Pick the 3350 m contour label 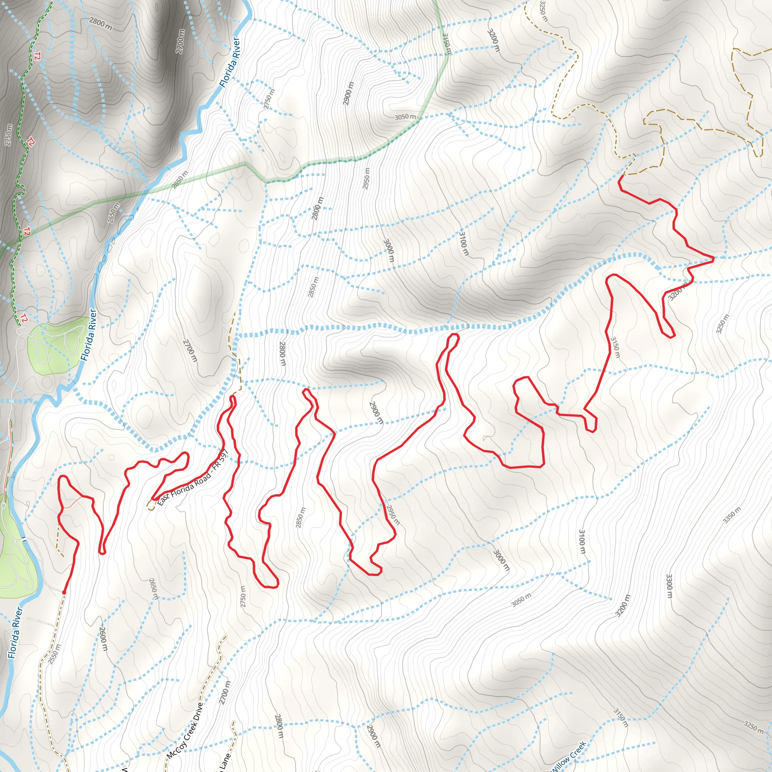[x=732, y=515]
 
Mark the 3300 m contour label [x=670, y=586]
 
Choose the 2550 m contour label [x=54, y=654]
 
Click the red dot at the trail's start [x=64, y=592]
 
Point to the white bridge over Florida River [x=25, y=539]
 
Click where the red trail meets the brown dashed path [x=623, y=175]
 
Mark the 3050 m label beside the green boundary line [x=405, y=117]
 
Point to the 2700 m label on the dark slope [x=181, y=41]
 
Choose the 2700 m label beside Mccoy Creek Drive [x=225, y=692]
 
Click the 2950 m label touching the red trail [x=393, y=515]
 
